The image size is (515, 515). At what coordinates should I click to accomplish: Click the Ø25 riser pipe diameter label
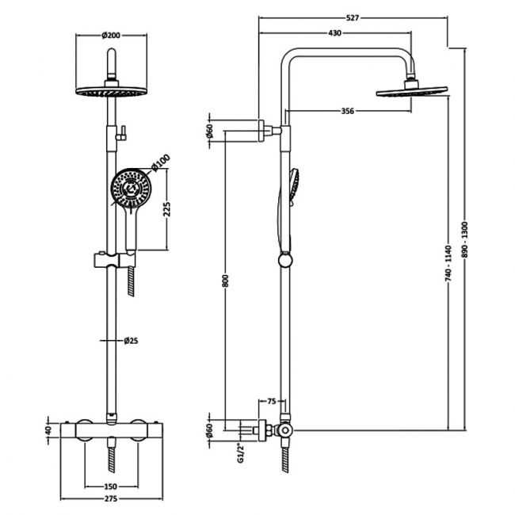pos(132,341)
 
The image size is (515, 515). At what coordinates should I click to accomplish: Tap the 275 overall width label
pos(111,499)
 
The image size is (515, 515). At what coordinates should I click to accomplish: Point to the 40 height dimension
pos(48,430)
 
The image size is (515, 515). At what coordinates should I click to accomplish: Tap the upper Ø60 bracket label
pos(210,131)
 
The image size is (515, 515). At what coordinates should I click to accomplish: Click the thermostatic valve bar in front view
pos(111,430)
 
